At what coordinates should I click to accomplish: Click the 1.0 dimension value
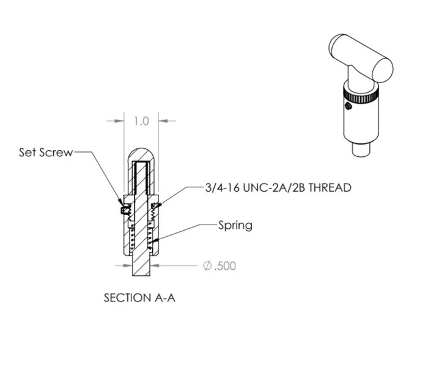coord(141,121)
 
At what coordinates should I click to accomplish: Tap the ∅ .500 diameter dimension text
coord(219,266)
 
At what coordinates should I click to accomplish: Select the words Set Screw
coord(46,153)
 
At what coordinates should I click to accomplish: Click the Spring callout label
coord(235,225)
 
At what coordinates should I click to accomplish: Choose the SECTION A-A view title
coord(141,298)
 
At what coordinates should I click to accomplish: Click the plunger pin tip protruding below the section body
coord(141,269)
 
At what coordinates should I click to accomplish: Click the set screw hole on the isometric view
coord(348,107)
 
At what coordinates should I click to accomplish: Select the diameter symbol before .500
coord(207,266)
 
